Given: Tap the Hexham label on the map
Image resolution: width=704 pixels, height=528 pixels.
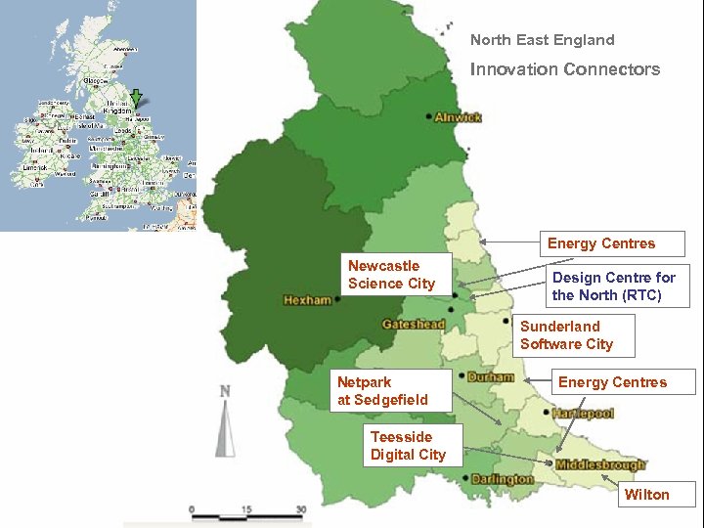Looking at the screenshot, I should tap(307, 300).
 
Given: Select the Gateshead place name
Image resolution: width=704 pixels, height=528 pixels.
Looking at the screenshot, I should tap(414, 325).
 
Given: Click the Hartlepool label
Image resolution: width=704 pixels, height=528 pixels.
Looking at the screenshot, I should tap(583, 414).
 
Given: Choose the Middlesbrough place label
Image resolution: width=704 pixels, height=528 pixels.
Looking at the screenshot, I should tap(600, 465).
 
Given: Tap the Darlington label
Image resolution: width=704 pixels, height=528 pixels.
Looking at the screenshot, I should tap(502, 479).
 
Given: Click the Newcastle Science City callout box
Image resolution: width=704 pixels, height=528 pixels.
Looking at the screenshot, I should tap(397, 275).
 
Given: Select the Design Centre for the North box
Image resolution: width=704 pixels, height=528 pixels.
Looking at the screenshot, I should tap(614, 286).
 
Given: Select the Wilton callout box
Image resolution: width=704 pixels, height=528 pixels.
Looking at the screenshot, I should tap(647, 495).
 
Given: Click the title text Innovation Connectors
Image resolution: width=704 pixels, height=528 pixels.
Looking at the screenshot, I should tap(564, 69).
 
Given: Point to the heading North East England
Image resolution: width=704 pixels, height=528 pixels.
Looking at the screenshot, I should tap(542, 40).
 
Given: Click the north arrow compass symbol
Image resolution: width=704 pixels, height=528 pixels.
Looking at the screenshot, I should tap(225, 422).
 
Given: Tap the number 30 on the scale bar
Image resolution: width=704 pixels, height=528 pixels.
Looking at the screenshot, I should tap(300, 509).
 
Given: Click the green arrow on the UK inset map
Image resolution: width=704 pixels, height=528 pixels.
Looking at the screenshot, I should tap(137, 96).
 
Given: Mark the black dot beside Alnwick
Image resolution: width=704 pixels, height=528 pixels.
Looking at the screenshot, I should tap(429, 116).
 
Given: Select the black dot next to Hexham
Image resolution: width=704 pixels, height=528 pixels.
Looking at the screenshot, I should tap(337, 300).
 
